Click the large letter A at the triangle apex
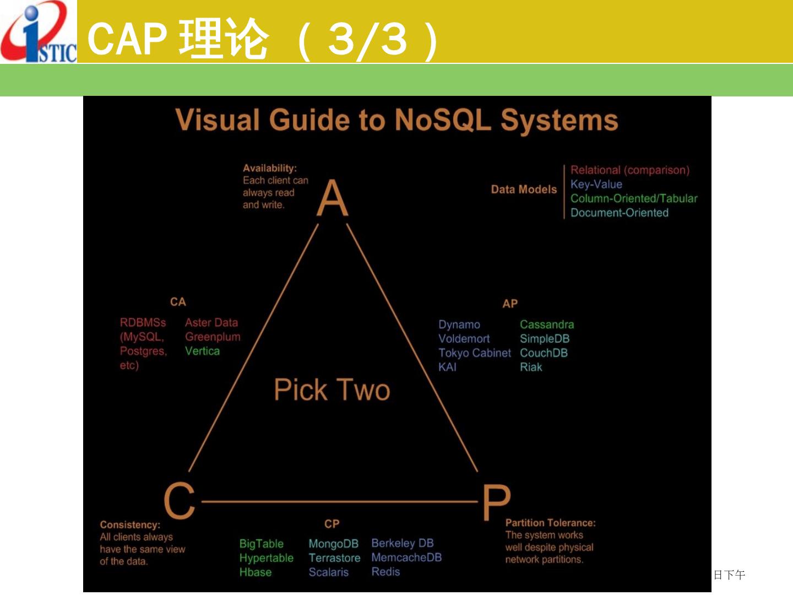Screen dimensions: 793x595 333,198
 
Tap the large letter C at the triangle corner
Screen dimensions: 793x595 180,500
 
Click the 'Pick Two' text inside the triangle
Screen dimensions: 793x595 332,390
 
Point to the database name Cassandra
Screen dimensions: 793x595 546,324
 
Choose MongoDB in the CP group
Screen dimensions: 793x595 333,544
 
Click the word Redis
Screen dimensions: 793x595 385,572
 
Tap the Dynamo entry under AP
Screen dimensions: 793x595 459,324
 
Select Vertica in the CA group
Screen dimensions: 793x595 202,351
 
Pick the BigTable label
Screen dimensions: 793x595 261,544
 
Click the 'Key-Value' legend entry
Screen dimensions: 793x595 596,184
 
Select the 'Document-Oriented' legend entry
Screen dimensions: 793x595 619,213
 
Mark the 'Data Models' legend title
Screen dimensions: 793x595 524,190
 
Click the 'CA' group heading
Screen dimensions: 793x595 178,302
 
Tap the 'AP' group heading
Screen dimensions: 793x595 510,304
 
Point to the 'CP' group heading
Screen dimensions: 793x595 332,524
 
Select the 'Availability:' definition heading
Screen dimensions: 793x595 269,168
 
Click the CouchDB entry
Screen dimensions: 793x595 544,353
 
